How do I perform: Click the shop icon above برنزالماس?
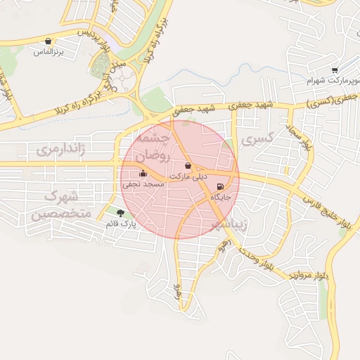(x=48, y=41)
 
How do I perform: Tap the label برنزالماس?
(x=49, y=52)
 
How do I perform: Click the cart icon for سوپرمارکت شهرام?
(x=335, y=70)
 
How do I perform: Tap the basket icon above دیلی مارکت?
(x=188, y=166)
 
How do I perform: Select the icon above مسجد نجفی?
(x=143, y=173)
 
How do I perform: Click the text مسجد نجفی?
(x=143, y=184)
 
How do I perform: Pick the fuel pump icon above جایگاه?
(x=220, y=187)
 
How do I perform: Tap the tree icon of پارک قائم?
(x=120, y=213)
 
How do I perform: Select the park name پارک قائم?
(x=120, y=224)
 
